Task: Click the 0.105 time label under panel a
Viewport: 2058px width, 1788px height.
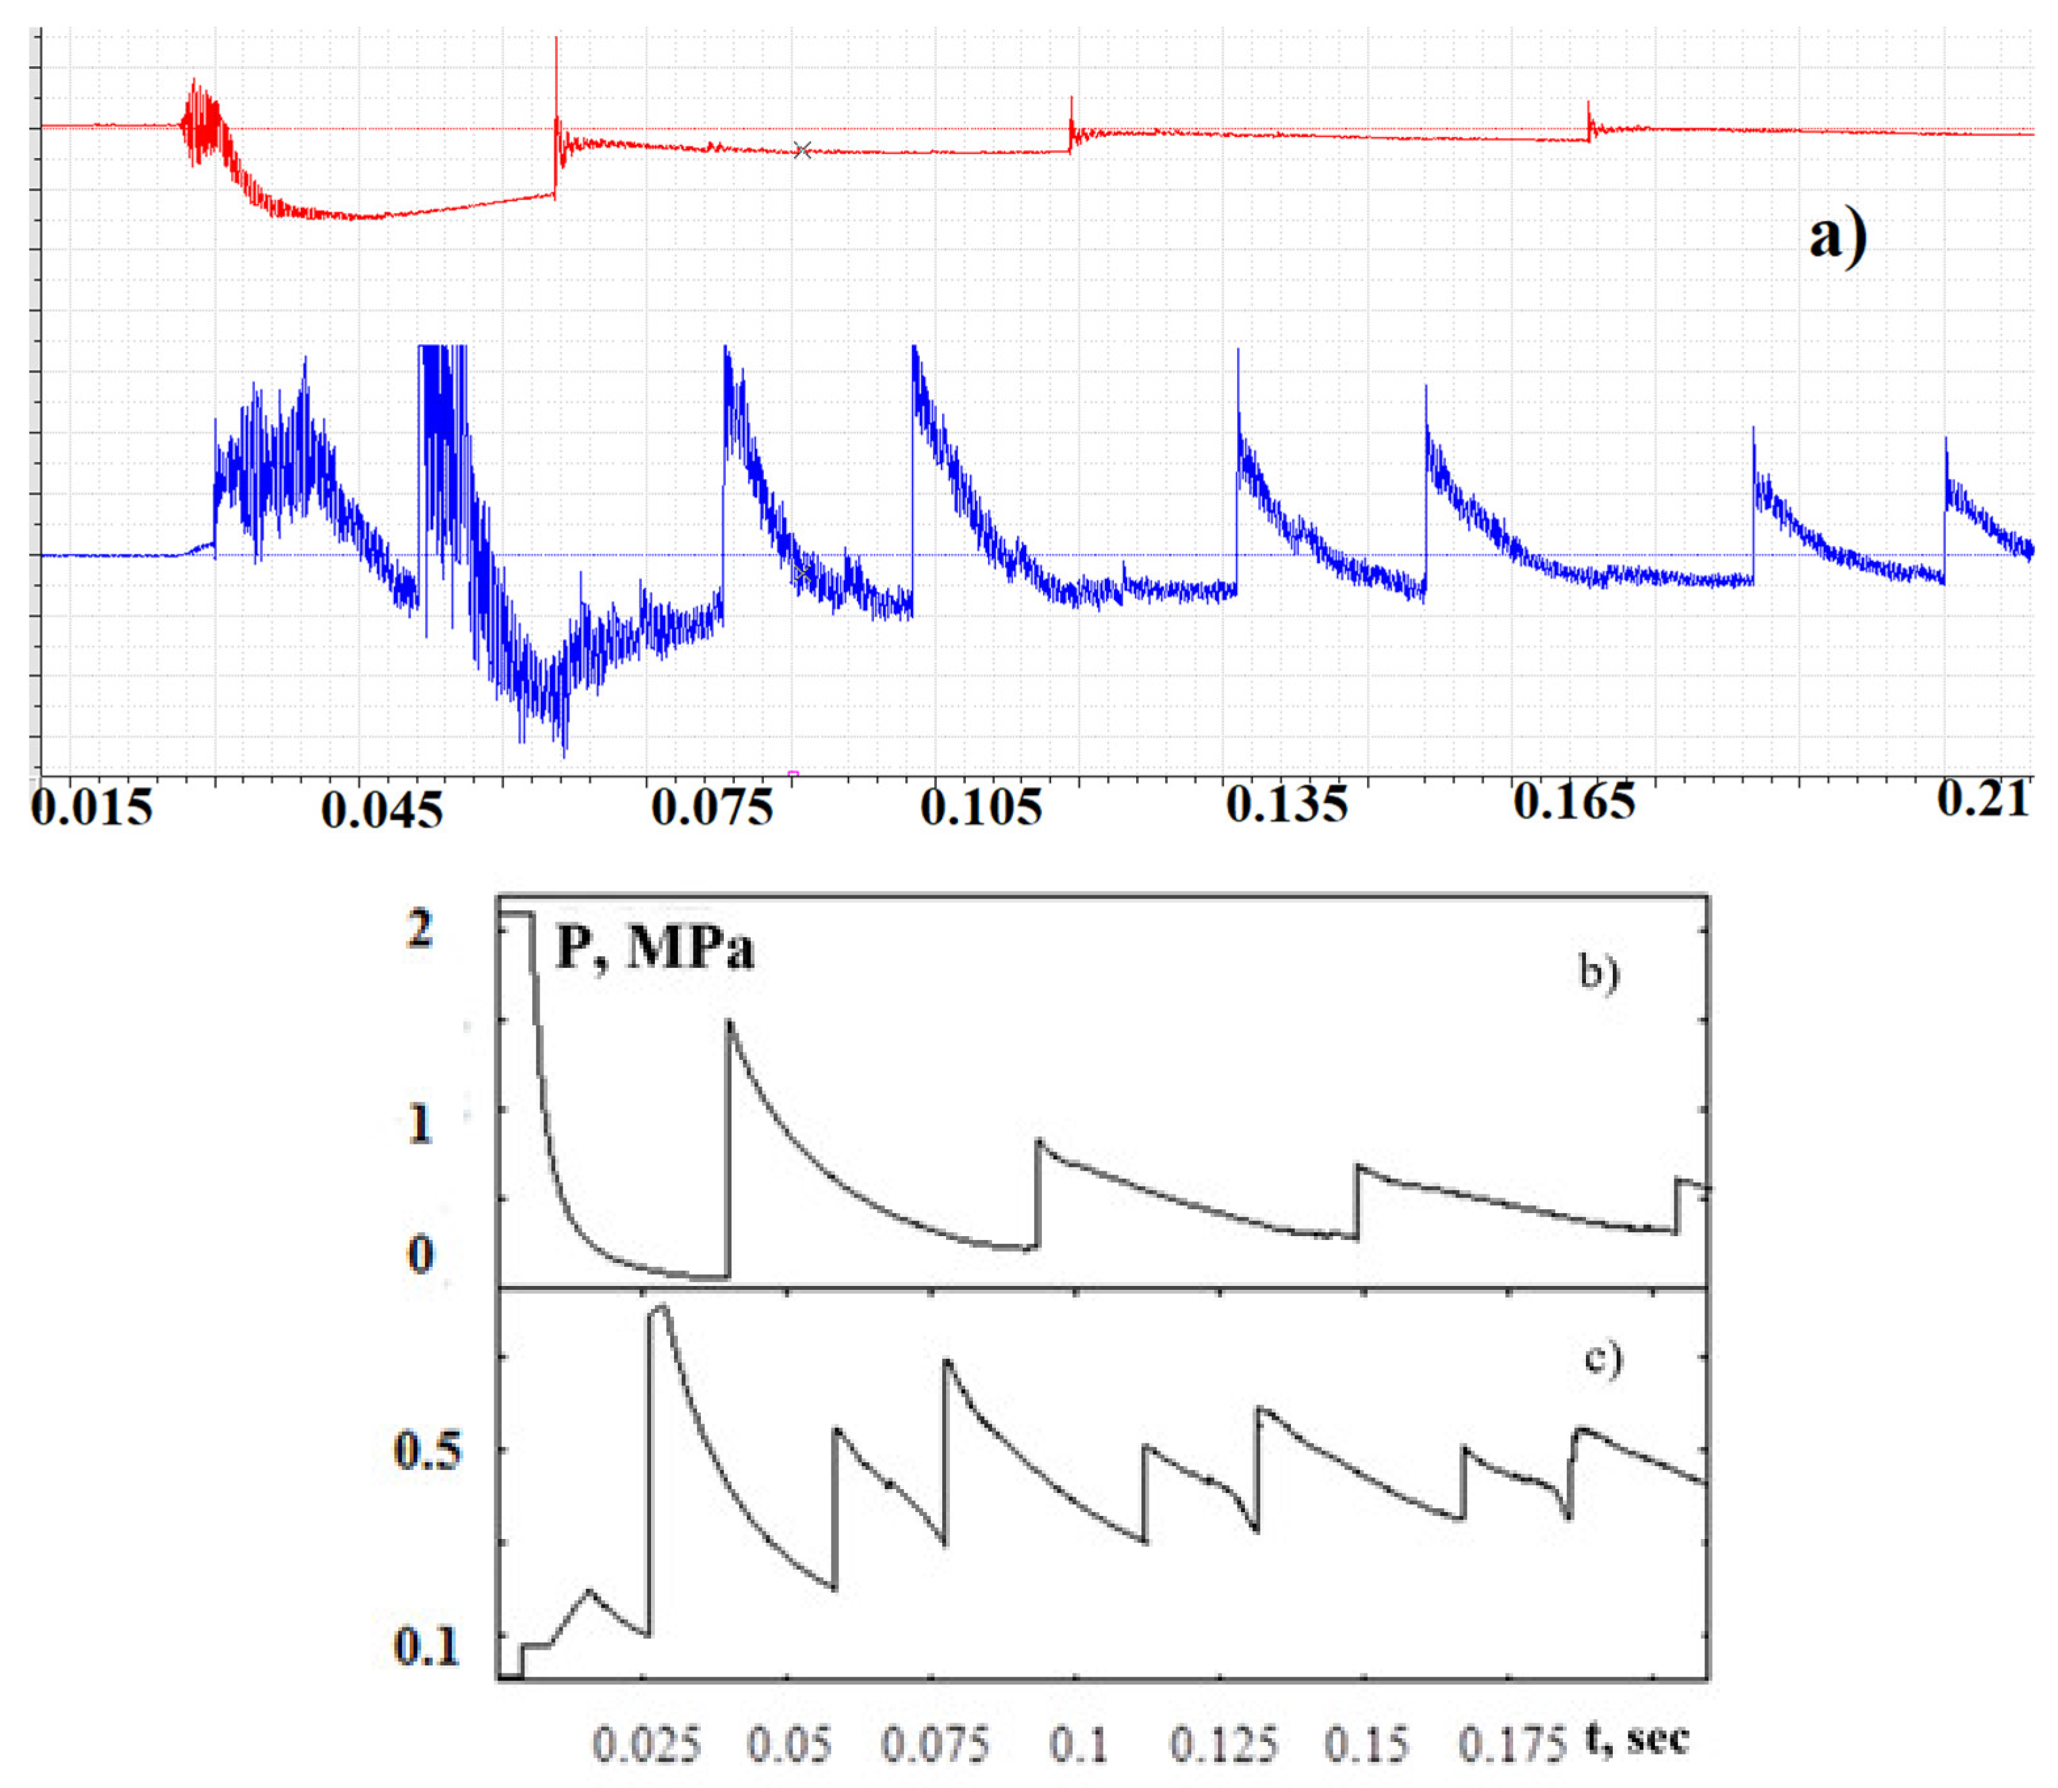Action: click(x=981, y=806)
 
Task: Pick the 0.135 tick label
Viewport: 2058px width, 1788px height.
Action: click(x=1286, y=804)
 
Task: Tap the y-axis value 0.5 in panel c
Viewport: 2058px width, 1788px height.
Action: click(x=427, y=1450)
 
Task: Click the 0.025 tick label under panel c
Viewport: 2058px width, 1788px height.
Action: click(x=646, y=1744)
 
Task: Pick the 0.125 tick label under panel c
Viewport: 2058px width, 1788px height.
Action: click(x=1223, y=1744)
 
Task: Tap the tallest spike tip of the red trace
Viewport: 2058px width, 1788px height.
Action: click(x=556, y=39)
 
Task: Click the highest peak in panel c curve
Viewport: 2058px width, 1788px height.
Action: click(x=661, y=1306)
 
